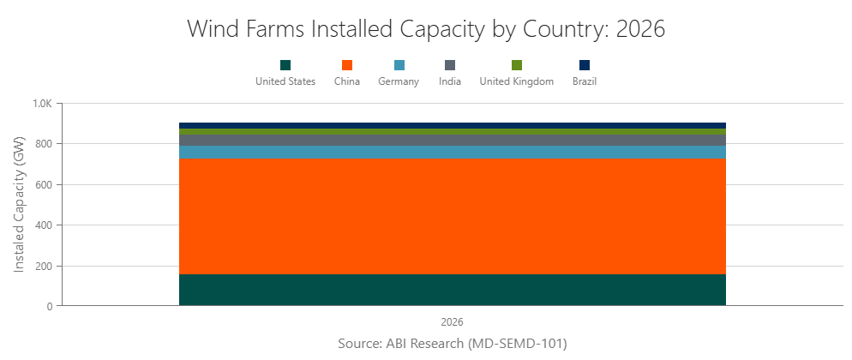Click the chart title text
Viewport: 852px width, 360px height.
(x=426, y=28)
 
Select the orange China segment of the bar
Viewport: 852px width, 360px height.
(x=452, y=216)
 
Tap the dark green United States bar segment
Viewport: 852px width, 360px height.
(x=452, y=290)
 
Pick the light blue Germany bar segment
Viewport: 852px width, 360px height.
(x=452, y=152)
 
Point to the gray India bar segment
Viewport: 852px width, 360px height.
(x=452, y=140)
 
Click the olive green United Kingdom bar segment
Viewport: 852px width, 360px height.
(x=452, y=131)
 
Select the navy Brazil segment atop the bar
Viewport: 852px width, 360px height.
(x=452, y=125)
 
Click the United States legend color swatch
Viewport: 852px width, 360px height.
(x=285, y=65)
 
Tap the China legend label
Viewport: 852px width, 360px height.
(x=347, y=81)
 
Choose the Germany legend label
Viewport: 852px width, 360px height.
(x=399, y=81)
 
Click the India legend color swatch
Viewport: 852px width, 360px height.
(x=450, y=65)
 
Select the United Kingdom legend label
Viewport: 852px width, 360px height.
(x=516, y=81)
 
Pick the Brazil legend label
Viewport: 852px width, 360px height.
(x=585, y=81)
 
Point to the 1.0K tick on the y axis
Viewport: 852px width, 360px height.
(x=42, y=104)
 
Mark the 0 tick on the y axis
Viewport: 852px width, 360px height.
(x=50, y=306)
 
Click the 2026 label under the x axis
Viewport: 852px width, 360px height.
(x=452, y=322)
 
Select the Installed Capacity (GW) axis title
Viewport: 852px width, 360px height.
(x=19, y=205)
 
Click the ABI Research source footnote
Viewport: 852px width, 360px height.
(x=453, y=344)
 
